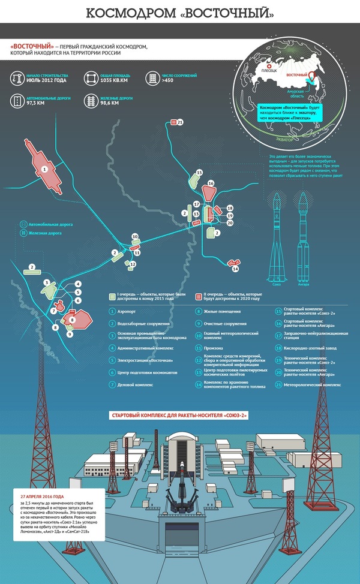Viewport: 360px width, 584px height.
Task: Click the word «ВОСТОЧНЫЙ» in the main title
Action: [227, 12]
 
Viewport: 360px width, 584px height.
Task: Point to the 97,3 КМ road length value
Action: [36, 103]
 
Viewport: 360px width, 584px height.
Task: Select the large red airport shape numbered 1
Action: [45, 170]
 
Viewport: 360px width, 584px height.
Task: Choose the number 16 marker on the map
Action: [211, 183]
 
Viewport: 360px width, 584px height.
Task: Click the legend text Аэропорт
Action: [127, 312]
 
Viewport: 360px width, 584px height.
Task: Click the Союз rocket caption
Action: [277, 284]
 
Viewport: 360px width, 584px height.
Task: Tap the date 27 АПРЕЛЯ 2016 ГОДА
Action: [42, 496]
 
